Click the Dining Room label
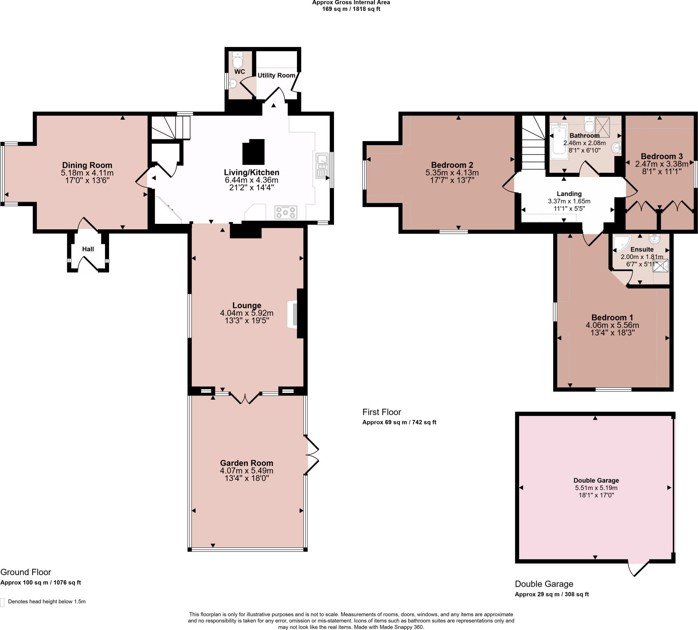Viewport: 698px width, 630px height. (x=87, y=165)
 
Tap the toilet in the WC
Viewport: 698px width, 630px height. (x=238, y=61)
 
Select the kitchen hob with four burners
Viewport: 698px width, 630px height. (x=286, y=212)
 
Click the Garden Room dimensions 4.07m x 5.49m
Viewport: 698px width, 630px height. (x=246, y=471)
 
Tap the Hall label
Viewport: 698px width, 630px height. (x=88, y=249)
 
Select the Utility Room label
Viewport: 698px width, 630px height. (x=276, y=75)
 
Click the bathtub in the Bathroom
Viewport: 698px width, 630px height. (x=559, y=142)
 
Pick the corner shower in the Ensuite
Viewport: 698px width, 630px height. (x=621, y=243)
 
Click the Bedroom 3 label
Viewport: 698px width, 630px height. (x=662, y=156)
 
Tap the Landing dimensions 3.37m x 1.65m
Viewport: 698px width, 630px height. (x=569, y=201)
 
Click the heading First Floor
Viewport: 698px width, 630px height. (x=381, y=412)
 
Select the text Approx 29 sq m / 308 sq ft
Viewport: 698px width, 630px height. (x=551, y=594)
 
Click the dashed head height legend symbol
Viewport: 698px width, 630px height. (x=2, y=602)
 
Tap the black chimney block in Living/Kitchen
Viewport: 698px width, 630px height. (x=253, y=152)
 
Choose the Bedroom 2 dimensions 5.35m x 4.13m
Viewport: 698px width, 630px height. (x=452, y=172)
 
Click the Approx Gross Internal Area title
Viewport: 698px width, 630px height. (x=351, y=3)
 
